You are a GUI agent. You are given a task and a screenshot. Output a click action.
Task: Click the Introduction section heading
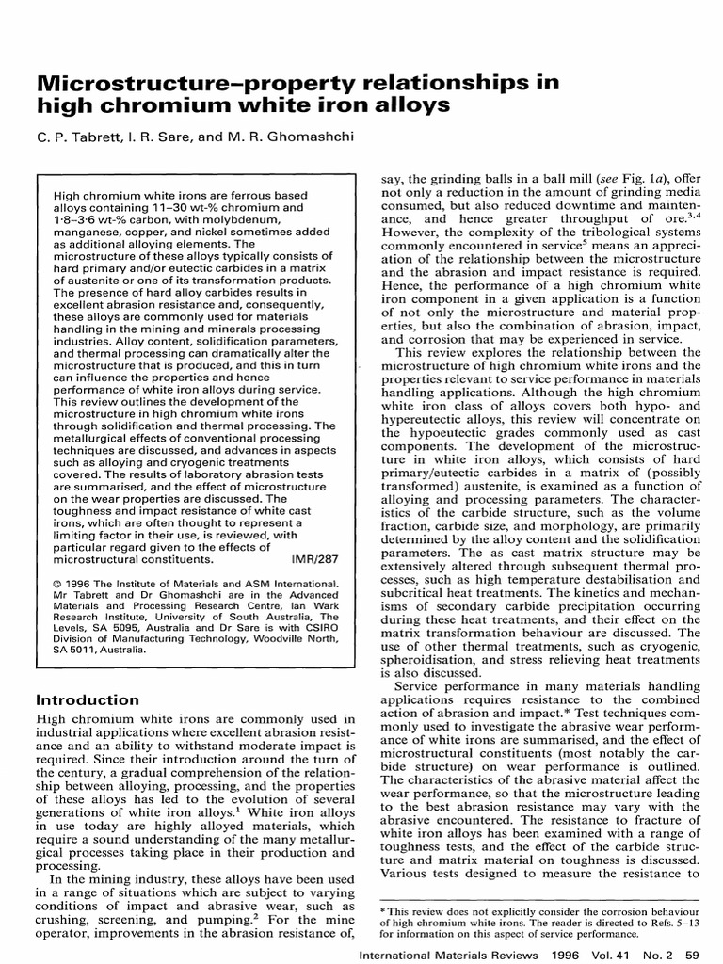pyautogui.click(x=87, y=699)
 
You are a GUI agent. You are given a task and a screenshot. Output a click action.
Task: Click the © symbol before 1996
pyautogui.click(x=57, y=584)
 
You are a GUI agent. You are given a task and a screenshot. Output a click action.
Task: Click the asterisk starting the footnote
pyautogui.click(x=380, y=912)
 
